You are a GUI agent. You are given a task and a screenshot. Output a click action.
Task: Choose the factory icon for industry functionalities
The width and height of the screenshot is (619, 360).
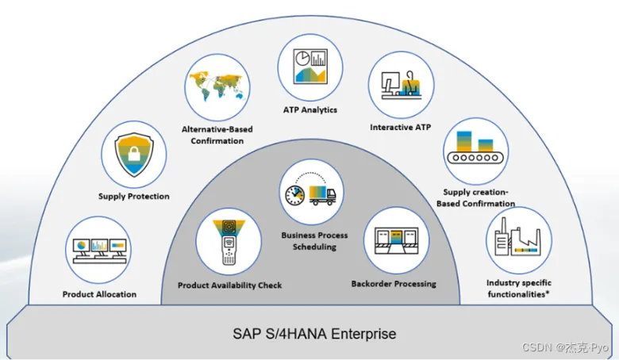coord(519,239)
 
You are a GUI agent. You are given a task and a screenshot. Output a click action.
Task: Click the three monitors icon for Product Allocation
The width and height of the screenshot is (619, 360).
coord(100,250)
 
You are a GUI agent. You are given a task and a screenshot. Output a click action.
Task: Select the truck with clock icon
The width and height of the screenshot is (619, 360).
coord(312,193)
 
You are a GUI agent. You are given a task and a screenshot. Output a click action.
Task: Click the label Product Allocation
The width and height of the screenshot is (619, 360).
coord(99,294)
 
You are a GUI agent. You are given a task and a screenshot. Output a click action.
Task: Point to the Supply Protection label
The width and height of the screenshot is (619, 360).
coord(134,197)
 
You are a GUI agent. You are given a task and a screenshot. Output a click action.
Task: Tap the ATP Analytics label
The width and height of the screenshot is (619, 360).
coord(310,110)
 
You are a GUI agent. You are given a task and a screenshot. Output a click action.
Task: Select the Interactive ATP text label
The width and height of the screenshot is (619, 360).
coord(401,127)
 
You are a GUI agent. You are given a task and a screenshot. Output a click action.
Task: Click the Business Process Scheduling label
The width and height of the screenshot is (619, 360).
coord(309,241)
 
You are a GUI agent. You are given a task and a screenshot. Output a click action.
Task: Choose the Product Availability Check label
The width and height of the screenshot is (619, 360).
coord(229,285)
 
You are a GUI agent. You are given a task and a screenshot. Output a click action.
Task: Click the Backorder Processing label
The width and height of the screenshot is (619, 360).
coord(394,284)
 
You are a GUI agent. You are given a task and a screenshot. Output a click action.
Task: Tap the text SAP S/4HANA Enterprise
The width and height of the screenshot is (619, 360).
coord(309,334)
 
